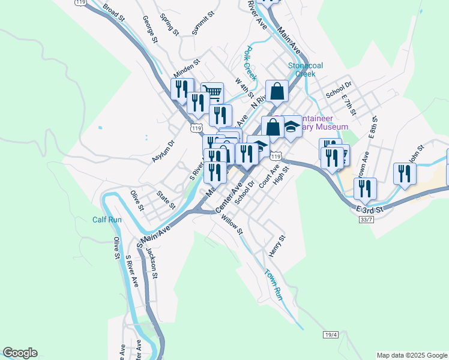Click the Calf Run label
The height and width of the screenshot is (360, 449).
[x=107, y=220]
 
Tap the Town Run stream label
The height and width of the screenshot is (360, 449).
[x=273, y=284]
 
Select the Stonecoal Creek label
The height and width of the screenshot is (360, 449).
[x=301, y=70]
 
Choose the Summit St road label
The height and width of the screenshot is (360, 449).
[x=203, y=22]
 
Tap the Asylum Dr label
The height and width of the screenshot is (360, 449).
[x=163, y=151]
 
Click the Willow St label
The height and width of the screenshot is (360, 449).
[x=232, y=226]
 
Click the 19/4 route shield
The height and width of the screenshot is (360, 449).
[x=331, y=334]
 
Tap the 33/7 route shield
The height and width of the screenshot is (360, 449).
[x=366, y=220]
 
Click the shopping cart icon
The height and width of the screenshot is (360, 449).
[x=212, y=93]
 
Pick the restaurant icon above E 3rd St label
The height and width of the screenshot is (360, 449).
[x=365, y=188]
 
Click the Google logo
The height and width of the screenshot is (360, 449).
[x=20, y=353]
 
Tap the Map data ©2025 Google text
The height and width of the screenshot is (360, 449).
[x=411, y=355]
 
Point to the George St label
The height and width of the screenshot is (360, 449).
[x=150, y=29]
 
